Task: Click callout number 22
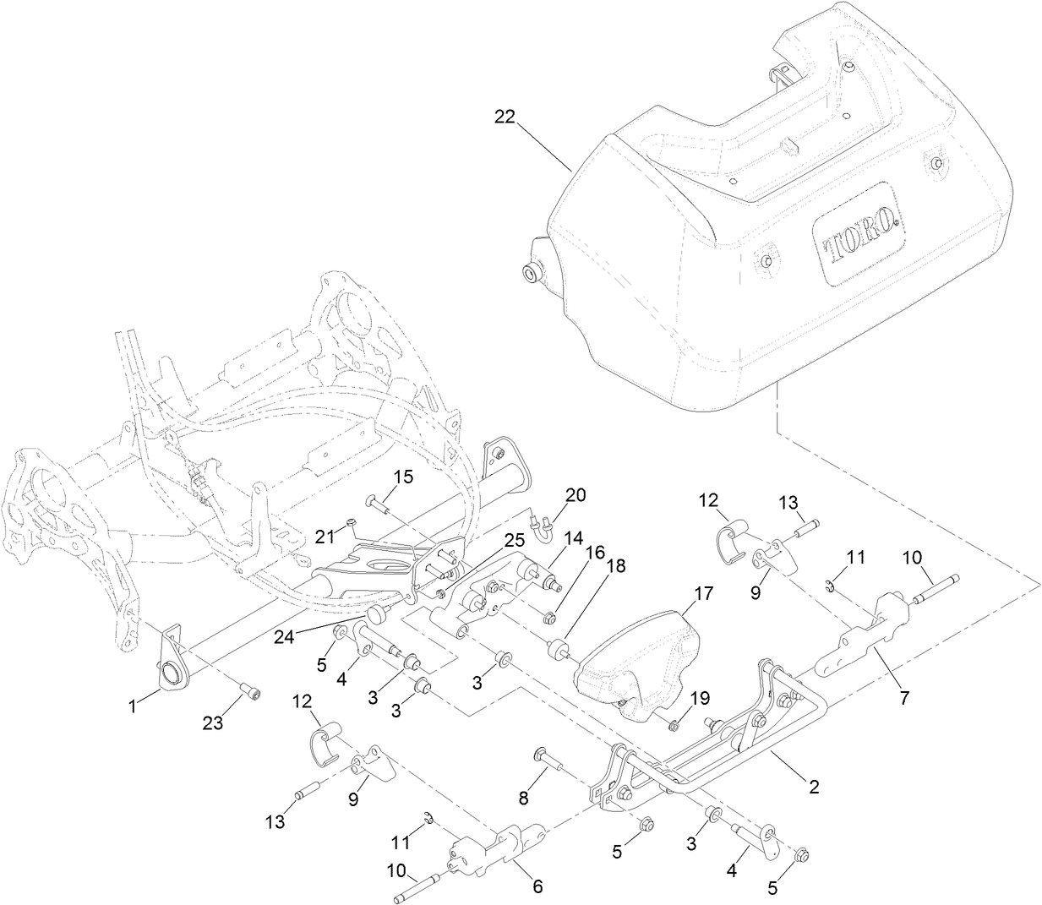coord(505,119)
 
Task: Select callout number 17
coord(705,594)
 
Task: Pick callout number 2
coord(814,786)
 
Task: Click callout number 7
coord(904,698)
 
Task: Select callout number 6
coord(537,886)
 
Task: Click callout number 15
coord(403,477)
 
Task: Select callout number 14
coord(574,537)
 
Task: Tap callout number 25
coord(515,539)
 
